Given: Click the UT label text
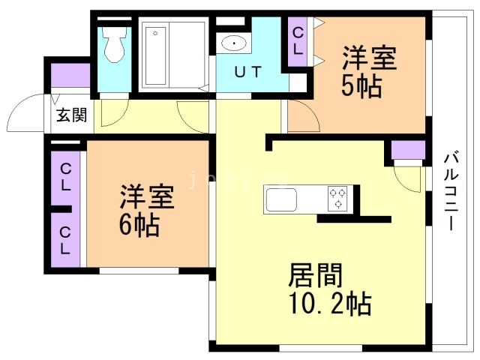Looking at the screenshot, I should click(x=248, y=73).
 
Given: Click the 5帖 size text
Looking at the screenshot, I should click(x=362, y=85).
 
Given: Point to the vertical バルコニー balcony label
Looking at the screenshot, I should click(x=451, y=191).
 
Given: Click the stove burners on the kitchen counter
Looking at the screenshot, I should click(x=337, y=199).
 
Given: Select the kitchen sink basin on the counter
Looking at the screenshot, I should click(x=281, y=201).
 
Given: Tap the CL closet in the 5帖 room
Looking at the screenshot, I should click(x=298, y=42).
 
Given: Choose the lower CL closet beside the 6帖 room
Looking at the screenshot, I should click(x=66, y=238).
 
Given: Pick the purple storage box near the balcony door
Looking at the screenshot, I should click(x=408, y=149).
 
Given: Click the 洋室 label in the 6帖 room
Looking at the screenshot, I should click(x=147, y=197).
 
